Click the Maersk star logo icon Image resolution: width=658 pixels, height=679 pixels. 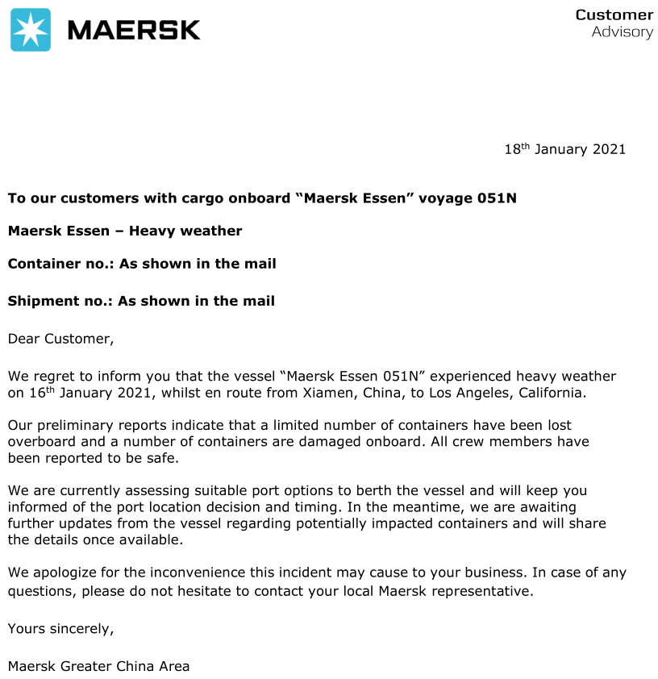pos(31,30)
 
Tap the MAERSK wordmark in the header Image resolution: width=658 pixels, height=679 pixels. pos(134,30)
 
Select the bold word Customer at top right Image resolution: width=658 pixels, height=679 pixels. pos(614,15)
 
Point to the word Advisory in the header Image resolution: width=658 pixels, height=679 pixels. pos(622,32)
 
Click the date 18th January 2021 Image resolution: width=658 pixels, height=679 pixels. pos(564,149)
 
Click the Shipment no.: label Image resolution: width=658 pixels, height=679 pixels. pos(60,301)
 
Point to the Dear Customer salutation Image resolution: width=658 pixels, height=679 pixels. pos(60,339)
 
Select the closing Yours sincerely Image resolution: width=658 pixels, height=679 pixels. pos(60,628)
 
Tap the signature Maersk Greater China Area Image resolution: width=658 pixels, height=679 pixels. pos(98,666)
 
